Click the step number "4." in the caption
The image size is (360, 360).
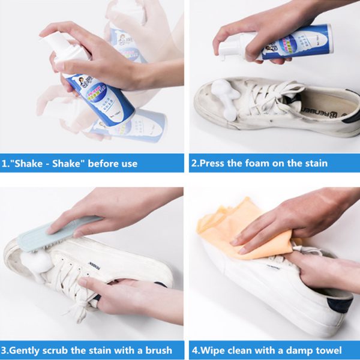click(x=195, y=350)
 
